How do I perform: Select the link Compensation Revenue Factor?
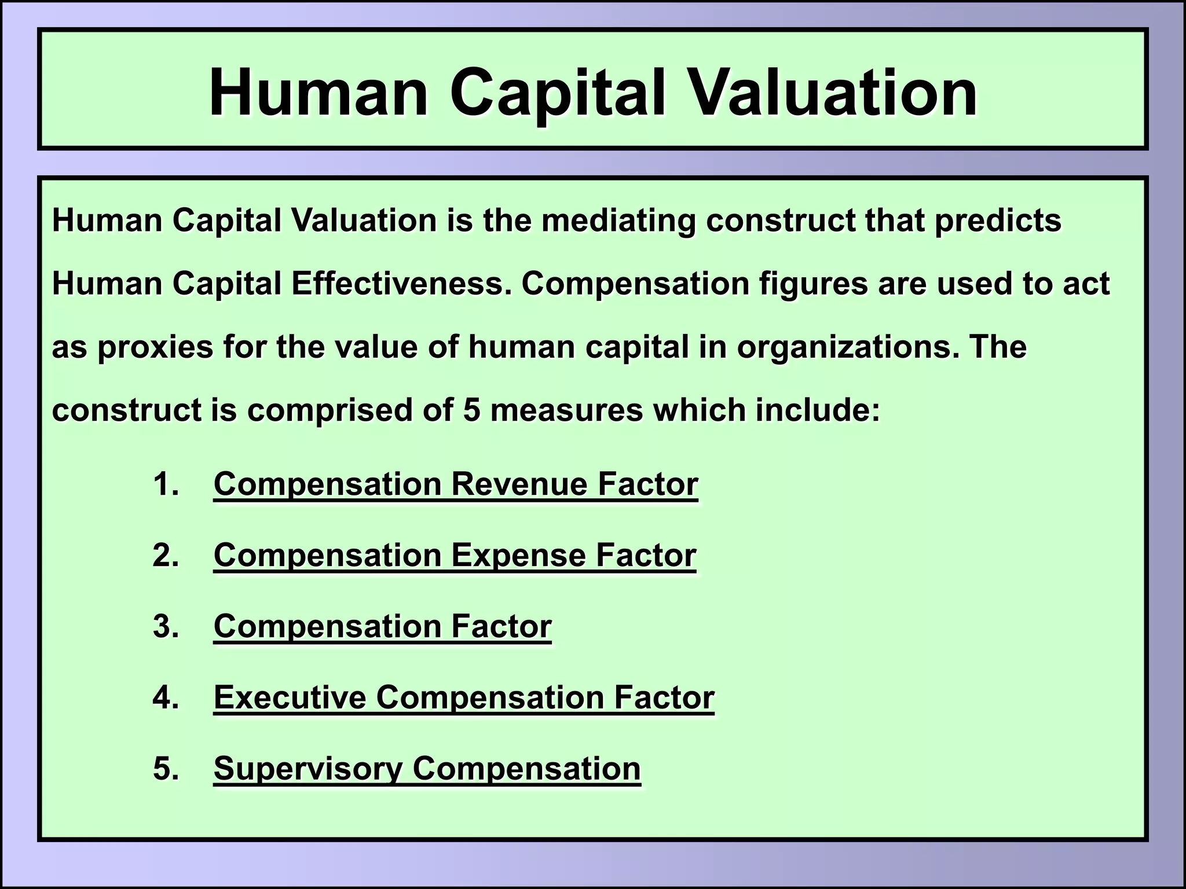coord(456,484)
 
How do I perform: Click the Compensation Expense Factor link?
coord(455,555)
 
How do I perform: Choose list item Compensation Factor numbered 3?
coord(382,626)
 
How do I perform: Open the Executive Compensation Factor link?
coord(464,697)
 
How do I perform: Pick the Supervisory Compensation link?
coord(427,769)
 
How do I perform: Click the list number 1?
coord(165,484)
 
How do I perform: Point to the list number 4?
coord(165,697)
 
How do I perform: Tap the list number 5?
coord(165,769)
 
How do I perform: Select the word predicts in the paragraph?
coord(998,221)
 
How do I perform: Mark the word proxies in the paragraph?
coord(155,347)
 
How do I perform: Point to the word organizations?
coord(845,347)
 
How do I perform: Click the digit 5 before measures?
coord(472,410)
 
